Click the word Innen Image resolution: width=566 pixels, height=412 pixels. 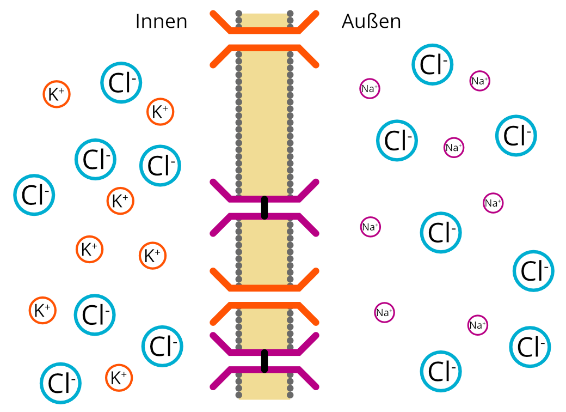(x=161, y=22)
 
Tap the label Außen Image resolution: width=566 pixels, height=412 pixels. (x=371, y=22)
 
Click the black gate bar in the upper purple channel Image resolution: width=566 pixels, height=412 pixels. (x=264, y=208)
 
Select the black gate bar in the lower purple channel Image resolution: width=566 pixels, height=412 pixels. (x=264, y=361)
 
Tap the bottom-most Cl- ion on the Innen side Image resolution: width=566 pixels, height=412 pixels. (x=61, y=383)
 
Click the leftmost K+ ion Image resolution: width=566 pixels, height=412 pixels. (x=42, y=311)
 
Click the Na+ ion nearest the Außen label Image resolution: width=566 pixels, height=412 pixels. (x=370, y=89)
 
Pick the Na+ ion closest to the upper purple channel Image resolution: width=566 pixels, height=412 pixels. (x=370, y=227)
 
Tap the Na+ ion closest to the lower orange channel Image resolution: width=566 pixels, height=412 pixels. (x=384, y=313)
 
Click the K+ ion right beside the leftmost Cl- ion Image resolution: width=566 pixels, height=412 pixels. (x=120, y=201)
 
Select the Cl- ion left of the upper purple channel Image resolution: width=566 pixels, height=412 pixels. (x=160, y=166)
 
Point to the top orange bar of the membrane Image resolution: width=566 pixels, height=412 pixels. (x=264, y=30)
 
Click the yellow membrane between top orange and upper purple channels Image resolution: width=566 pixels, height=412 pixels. (x=264, y=120)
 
